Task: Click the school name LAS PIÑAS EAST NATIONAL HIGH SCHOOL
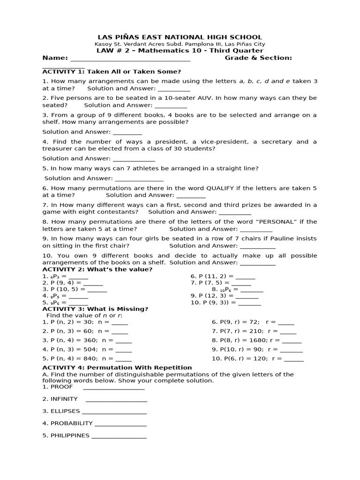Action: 180,37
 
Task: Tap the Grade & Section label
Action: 258,58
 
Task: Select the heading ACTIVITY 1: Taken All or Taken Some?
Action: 112,71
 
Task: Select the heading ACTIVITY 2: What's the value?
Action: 97,269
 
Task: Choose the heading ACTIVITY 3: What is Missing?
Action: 95,309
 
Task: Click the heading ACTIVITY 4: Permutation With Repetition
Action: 117,367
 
